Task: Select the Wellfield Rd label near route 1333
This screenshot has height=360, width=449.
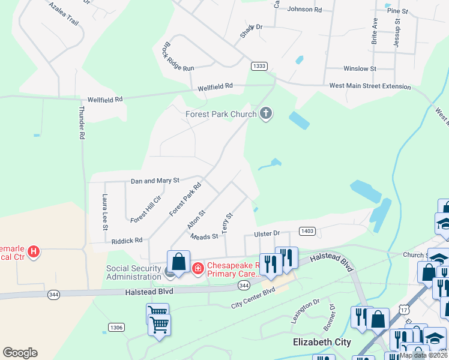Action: [x=215, y=86]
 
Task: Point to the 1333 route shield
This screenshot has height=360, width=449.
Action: [x=259, y=66]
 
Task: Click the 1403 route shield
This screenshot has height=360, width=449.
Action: [x=307, y=230]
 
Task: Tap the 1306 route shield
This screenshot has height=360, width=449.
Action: [x=116, y=327]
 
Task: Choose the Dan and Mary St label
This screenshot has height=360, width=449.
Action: [x=155, y=180]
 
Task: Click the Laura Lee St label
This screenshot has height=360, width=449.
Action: [x=104, y=212]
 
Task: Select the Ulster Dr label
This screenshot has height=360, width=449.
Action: [x=267, y=233]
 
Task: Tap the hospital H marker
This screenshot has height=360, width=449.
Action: [x=34, y=251]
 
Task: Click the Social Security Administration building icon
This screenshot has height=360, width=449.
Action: [x=170, y=272]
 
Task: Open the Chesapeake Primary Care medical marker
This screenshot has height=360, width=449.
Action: [x=197, y=268]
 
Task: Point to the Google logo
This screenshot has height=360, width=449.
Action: [x=20, y=353]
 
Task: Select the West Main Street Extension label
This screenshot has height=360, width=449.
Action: [x=370, y=86]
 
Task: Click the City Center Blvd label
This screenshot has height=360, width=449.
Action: [x=253, y=298]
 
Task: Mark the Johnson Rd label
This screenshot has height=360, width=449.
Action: [x=304, y=9]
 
